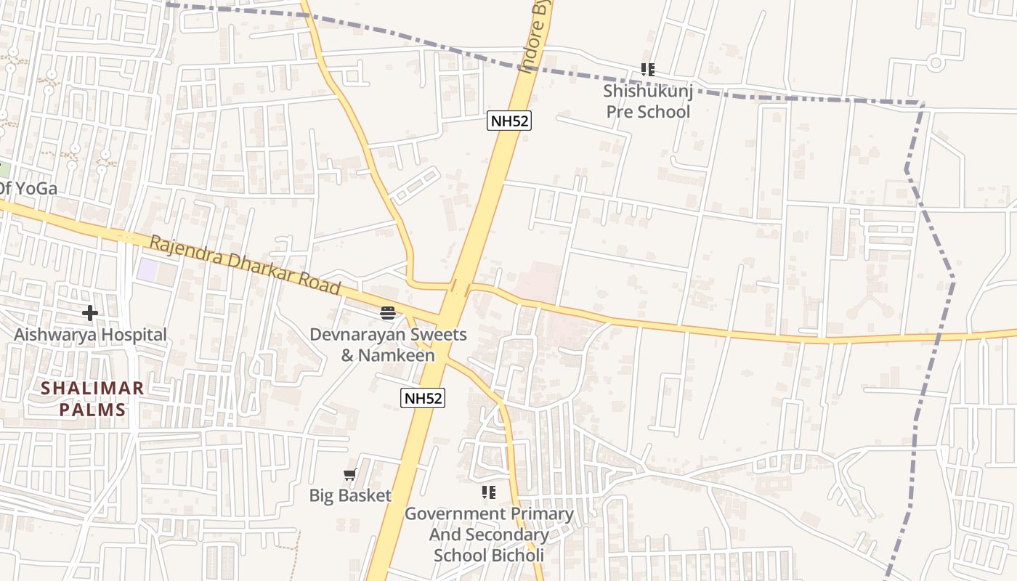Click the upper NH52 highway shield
point(508,121)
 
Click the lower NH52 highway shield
point(422,398)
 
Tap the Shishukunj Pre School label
point(647,102)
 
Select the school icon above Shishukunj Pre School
point(647,70)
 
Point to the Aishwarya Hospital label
point(90,335)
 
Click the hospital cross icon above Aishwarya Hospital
point(90,313)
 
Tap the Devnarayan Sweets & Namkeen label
point(388,345)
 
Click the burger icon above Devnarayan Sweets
point(388,313)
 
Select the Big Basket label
point(350,496)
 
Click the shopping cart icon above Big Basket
point(350,475)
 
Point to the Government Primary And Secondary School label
point(489,535)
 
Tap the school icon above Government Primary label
point(489,492)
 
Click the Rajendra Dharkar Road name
point(246,264)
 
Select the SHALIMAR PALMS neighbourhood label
point(92,399)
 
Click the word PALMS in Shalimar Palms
point(92,410)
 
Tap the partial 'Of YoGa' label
point(28,189)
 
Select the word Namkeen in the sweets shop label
point(398,355)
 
